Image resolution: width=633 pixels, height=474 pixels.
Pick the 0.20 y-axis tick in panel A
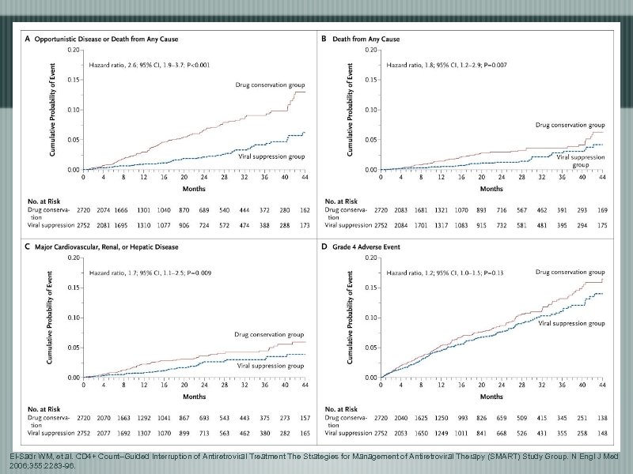(x=72, y=49)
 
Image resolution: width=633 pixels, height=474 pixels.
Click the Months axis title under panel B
(x=491, y=190)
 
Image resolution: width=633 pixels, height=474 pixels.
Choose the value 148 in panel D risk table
(x=602, y=434)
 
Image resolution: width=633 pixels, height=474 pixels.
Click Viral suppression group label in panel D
(x=571, y=323)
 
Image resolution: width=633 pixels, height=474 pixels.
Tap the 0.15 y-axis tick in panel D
(x=370, y=288)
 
